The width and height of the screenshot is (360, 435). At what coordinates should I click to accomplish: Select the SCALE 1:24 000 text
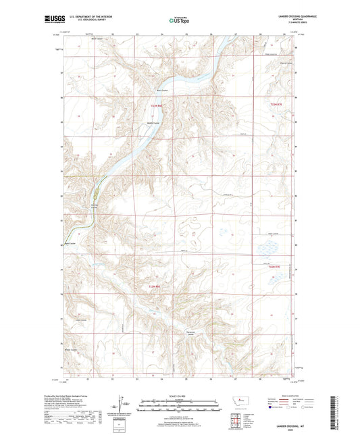[180, 395]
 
